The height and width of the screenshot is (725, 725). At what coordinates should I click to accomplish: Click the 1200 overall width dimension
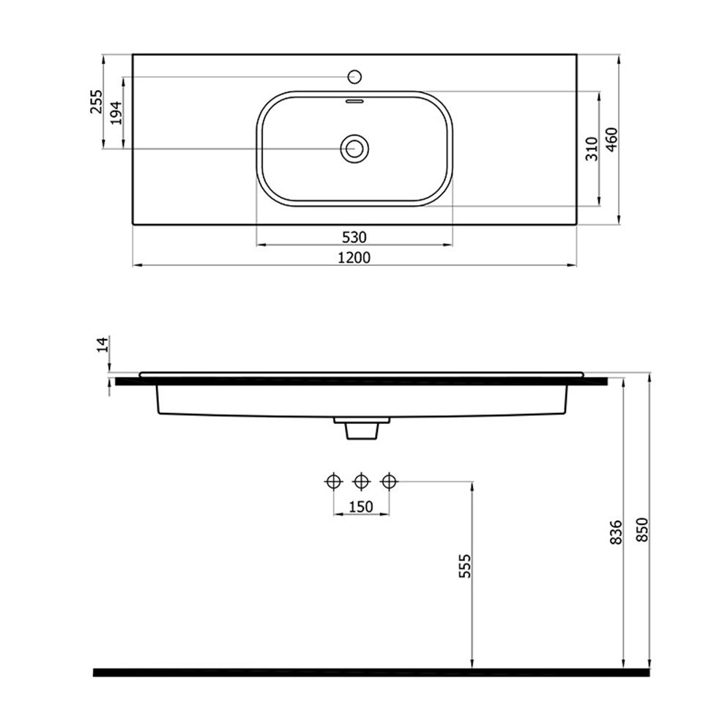click(354, 257)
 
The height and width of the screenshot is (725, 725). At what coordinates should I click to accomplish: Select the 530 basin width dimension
click(354, 237)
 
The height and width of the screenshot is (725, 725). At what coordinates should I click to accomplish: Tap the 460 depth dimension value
click(611, 140)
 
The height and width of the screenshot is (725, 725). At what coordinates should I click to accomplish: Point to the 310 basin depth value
click(592, 149)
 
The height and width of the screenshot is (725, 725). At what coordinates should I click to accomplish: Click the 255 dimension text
click(96, 101)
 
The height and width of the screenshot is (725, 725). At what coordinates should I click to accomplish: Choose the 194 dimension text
click(116, 112)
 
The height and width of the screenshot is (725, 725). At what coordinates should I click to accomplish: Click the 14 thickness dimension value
click(103, 345)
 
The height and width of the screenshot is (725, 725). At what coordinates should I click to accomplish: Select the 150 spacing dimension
click(360, 507)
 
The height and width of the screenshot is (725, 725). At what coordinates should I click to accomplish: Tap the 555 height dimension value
click(465, 566)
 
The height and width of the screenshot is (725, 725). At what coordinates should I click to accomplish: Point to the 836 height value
click(617, 532)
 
